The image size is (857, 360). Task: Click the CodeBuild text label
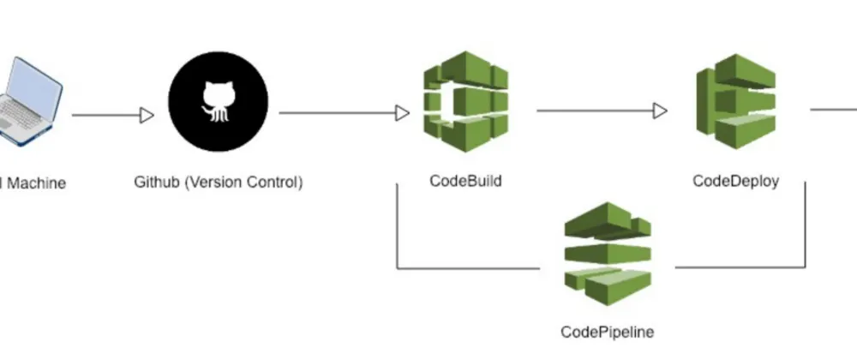click(x=465, y=182)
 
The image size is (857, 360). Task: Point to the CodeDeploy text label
click(x=735, y=182)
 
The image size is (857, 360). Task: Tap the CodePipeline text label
click(x=608, y=332)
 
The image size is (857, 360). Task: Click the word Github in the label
click(x=155, y=183)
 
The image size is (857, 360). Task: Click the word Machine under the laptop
click(x=36, y=183)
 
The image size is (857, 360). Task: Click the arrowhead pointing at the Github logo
click(x=147, y=114)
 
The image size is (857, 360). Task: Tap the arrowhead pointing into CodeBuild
click(x=402, y=112)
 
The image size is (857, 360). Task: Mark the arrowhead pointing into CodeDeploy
click(x=660, y=111)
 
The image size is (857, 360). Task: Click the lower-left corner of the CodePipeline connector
click(x=397, y=268)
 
